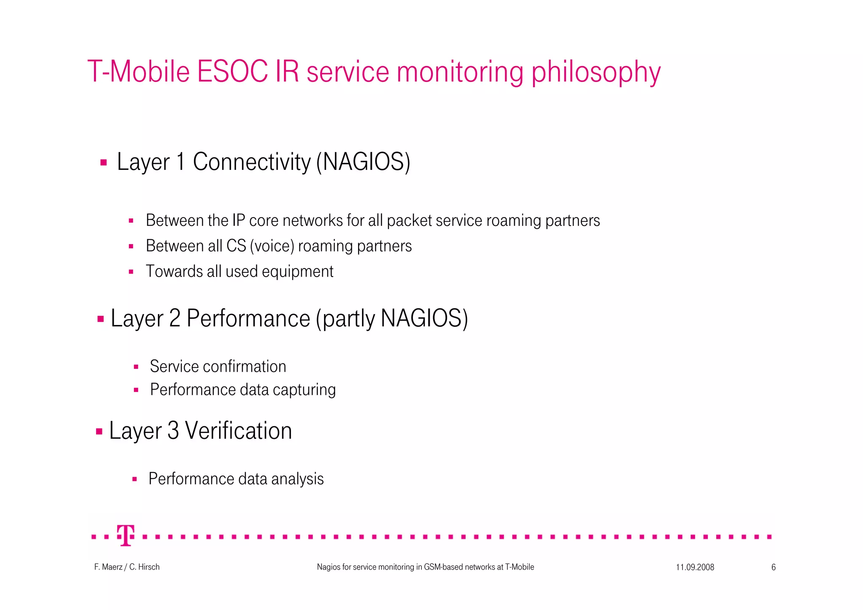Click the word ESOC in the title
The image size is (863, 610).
click(x=232, y=72)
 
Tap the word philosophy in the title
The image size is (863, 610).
click(x=596, y=73)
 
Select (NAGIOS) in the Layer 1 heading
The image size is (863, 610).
click(x=363, y=162)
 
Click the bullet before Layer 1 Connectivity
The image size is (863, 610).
click(x=104, y=162)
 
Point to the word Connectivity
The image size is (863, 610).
click(x=252, y=162)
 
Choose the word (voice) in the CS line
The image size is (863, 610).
click(x=272, y=246)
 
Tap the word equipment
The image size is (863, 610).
click(x=297, y=271)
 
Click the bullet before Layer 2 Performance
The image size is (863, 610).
click(x=101, y=319)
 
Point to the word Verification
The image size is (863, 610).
click(x=239, y=431)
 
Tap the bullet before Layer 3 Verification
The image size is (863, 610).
click(x=99, y=431)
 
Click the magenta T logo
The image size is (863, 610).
click(x=126, y=536)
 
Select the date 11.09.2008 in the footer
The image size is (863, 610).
click(x=695, y=567)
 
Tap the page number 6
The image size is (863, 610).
click(x=773, y=567)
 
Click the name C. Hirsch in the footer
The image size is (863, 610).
click(x=145, y=567)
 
